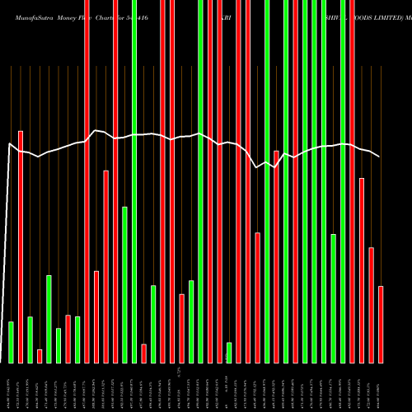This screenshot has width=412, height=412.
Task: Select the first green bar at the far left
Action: point(11,342)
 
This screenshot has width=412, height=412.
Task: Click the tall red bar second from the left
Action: point(21,246)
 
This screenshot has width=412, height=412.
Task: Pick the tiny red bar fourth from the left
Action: point(40,356)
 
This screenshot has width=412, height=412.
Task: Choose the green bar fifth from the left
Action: point(49,319)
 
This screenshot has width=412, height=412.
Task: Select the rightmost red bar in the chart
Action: point(381,324)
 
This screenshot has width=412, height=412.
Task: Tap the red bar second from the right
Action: point(371,305)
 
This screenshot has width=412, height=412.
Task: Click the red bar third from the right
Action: point(362,270)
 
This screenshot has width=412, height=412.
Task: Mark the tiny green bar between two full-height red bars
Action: point(229,352)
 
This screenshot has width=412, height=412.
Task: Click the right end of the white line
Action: point(380,157)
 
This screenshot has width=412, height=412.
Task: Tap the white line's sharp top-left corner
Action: point(9,144)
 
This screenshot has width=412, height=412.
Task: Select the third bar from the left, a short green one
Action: point(30,339)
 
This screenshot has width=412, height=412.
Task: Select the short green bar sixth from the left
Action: point(59,345)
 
